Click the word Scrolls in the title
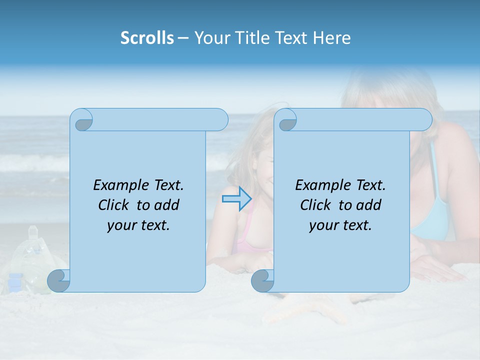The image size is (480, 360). (147, 38)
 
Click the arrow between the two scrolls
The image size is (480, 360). (237, 199)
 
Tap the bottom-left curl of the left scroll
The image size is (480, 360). (58, 281)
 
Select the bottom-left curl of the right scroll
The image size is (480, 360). (262, 281)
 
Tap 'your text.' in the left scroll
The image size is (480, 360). (138, 225)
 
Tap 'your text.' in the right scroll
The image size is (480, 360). (340, 225)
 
